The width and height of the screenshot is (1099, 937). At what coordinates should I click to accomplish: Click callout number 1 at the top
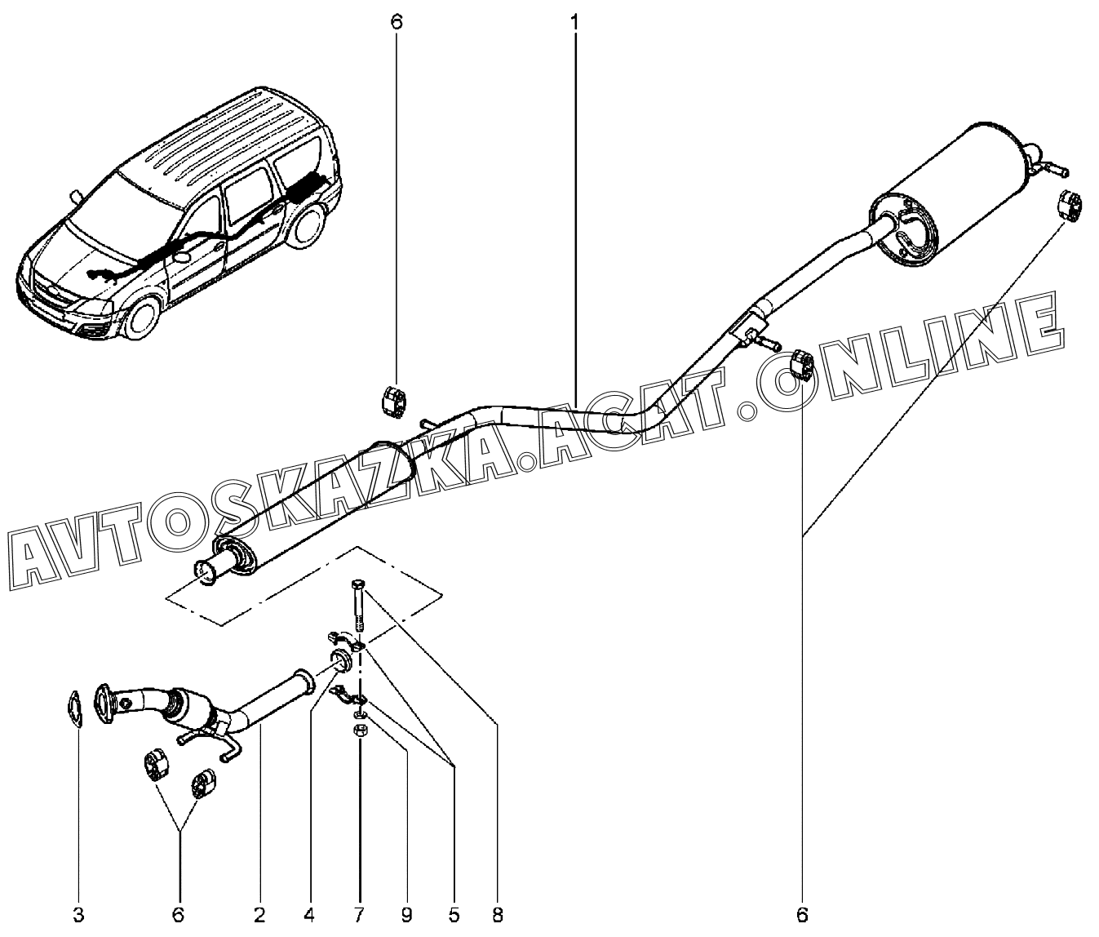click(x=574, y=22)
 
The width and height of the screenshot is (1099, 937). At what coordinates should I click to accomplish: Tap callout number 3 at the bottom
click(x=78, y=915)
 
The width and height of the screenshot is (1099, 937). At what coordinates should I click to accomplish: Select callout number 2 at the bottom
click(x=259, y=915)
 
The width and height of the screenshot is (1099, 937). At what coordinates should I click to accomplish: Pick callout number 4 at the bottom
click(x=309, y=915)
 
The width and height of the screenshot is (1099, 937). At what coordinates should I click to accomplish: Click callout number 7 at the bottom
click(x=359, y=915)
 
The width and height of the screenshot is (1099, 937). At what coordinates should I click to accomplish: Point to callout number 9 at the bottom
click(x=407, y=915)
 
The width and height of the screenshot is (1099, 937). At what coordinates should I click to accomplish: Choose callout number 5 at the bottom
click(x=454, y=915)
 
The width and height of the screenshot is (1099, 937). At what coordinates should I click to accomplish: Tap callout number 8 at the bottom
click(x=497, y=915)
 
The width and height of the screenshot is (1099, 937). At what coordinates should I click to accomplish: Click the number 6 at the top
click(x=397, y=22)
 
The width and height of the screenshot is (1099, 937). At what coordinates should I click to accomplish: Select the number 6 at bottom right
click(x=802, y=915)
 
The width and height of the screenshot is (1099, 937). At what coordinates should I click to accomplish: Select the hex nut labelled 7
click(x=360, y=732)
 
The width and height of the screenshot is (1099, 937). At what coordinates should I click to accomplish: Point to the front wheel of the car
click(x=141, y=320)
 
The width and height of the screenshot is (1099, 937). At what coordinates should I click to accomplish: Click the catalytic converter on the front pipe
click(x=186, y=705)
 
